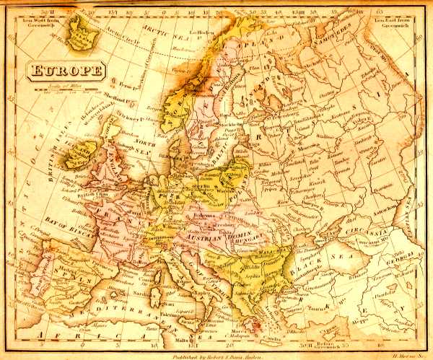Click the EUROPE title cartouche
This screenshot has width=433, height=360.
point(66,71)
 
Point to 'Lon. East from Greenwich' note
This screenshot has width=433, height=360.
point(394,22)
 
